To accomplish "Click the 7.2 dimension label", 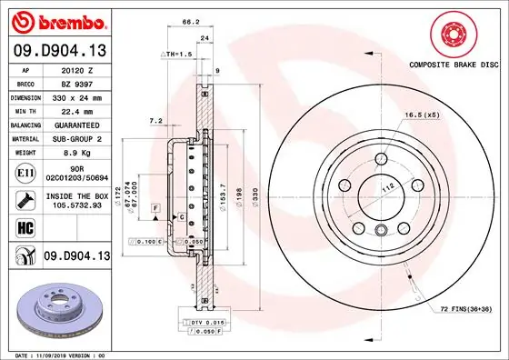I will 155,120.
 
